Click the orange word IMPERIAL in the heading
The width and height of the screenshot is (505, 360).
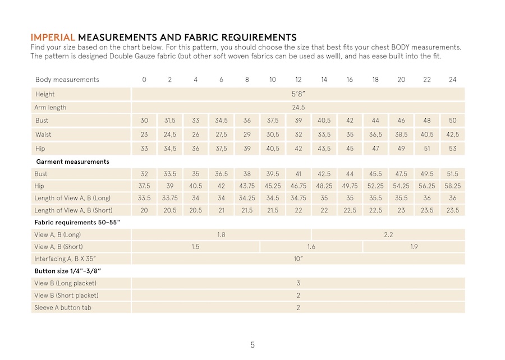point(53,38)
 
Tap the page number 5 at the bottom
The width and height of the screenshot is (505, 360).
point(252,345)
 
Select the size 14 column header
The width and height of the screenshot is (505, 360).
point(324,80)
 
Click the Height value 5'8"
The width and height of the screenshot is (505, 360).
point(298,94)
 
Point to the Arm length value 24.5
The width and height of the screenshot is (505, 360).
point(298,107)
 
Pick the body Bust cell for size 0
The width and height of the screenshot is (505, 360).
point(144,121)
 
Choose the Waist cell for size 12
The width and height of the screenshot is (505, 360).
point(298,135)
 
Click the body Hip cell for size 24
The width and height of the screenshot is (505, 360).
point(452,149)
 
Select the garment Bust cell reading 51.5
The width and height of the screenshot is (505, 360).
point(452,174)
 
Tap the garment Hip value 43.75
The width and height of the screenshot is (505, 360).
point(247,186)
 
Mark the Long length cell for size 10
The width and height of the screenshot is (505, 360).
point(273,198)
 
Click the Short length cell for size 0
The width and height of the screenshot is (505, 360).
point(144,210)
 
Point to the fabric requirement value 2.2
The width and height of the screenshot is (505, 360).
point(388,234)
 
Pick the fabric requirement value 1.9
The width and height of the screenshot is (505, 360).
point(414,247)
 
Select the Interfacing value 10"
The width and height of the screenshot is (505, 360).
point(298,259)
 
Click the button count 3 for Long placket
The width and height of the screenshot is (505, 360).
point(298,283)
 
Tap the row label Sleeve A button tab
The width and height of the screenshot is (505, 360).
point(63,307)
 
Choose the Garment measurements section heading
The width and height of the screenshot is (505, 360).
point(72,161)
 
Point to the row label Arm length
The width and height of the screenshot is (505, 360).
point(50,107)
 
